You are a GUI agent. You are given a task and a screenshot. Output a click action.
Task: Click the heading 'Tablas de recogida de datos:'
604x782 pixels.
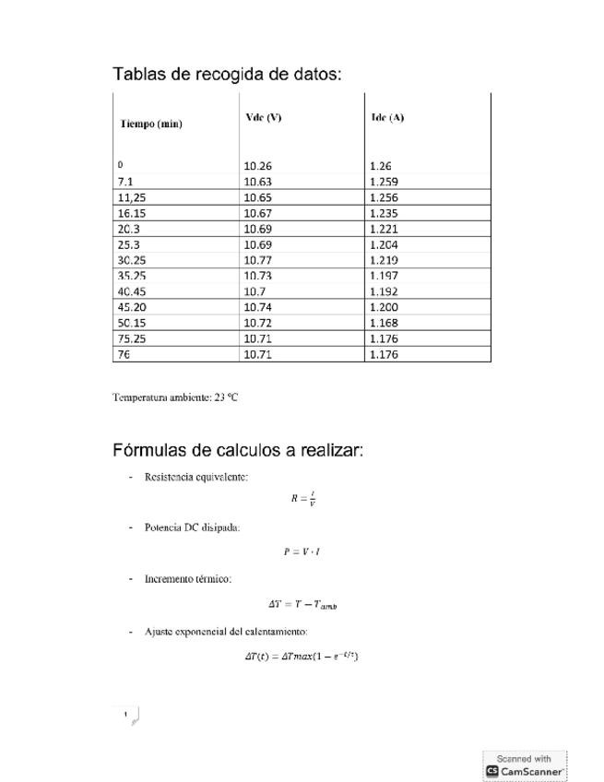pos(227,74)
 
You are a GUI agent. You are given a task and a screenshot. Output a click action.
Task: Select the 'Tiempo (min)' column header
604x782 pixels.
pos(150,124)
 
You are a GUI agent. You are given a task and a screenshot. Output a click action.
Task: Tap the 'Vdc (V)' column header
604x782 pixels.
pos(264,117)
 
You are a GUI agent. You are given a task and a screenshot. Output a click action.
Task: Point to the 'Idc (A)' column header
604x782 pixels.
pos(387,117)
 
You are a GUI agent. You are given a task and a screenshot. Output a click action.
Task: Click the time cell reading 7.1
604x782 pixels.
pos(126,182)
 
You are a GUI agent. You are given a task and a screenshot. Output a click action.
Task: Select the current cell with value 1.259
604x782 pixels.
pos(384,182)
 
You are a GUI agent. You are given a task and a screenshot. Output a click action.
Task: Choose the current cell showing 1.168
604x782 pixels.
pos(384,323)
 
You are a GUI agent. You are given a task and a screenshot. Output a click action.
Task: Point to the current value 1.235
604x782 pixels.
pos(384,213)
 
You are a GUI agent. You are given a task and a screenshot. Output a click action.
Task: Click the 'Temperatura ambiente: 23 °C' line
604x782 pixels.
pos(175,397)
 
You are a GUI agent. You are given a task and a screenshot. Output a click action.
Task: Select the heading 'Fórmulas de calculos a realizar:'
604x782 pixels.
pos(238,450)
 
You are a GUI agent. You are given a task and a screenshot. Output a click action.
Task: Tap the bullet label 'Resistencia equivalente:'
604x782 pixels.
pos(195,477)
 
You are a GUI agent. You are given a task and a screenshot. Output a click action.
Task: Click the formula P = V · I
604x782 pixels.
pos(302,551)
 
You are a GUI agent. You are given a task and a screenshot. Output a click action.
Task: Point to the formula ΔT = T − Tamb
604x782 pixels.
pos(302,604)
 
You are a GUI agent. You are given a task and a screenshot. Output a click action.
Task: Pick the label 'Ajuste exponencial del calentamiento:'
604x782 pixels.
pos(226,632)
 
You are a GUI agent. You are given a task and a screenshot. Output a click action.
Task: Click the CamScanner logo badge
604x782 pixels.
pos(524,765)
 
